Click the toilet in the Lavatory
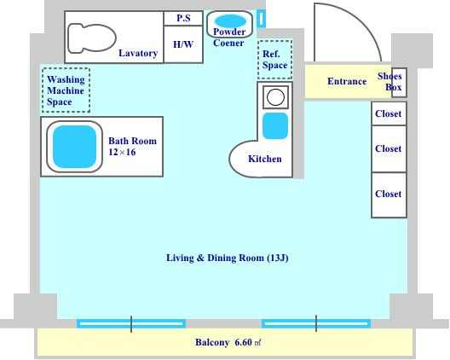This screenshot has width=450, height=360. [x=92, y=38]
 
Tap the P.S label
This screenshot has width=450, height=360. [x=183, y=18]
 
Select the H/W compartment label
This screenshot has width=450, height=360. [x=183, y=44]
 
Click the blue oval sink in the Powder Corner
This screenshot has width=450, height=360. [x=231, y=21]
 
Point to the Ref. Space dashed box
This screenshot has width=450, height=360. [x=275, y=60]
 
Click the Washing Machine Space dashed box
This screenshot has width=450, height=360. [x=66, y=90]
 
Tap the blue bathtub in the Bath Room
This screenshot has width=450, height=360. [x=75, y=147]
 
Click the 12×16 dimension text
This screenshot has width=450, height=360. [x=122, y=152]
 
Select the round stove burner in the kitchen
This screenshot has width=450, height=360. [x=275, y=96]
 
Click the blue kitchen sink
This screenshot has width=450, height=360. [x=275, y=126]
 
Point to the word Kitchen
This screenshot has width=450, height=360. [x=264, y=159]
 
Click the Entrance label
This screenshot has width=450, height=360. [x=347, y=81]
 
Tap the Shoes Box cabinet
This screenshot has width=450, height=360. [x=399, y=82]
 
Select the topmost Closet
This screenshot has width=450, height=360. [x=389, y=113]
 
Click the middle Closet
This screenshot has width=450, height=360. [x=389, y=148]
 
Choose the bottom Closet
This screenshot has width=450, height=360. [x=389, y=195]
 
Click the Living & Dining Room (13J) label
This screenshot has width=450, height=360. [x=228, y=258]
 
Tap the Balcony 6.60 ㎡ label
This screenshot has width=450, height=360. [x=228, y=342]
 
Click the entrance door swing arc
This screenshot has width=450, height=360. [x=362, y=23]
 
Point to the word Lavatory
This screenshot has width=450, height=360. [x=138, y=53]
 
